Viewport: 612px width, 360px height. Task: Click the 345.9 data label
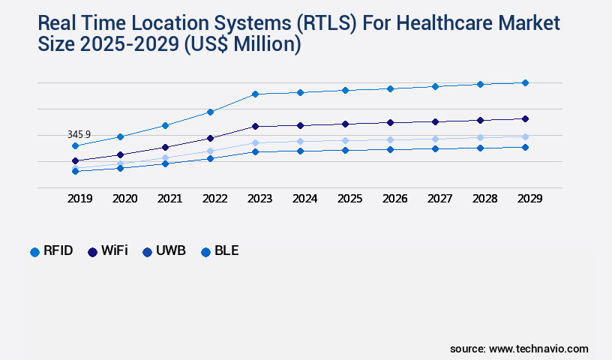click(79, 134)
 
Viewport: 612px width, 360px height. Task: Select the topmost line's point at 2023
click(255, 94)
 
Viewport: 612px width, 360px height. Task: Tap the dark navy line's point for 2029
click(525, 118)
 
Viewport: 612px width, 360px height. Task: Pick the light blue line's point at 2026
click(390, 139)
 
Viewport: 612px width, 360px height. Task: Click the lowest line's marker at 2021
click(165, 163)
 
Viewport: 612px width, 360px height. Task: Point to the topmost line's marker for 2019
click(75, 145)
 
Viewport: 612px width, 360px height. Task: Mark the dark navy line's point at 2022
click(210, 138)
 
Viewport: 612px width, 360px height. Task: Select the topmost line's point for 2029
click(525, 82)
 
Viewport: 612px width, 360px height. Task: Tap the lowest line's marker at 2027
click(435, 148)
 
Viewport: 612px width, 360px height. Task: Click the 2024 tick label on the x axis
click(304, 199)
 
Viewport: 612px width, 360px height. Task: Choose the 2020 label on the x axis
click(124, 199)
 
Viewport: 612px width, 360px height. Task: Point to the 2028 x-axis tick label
click(484, 199)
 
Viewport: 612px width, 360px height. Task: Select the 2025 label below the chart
click(349, 199)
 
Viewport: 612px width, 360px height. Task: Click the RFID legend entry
click(52, 251)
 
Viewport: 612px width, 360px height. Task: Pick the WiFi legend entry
click(108, 251)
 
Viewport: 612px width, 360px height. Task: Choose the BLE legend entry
click(220, 251)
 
